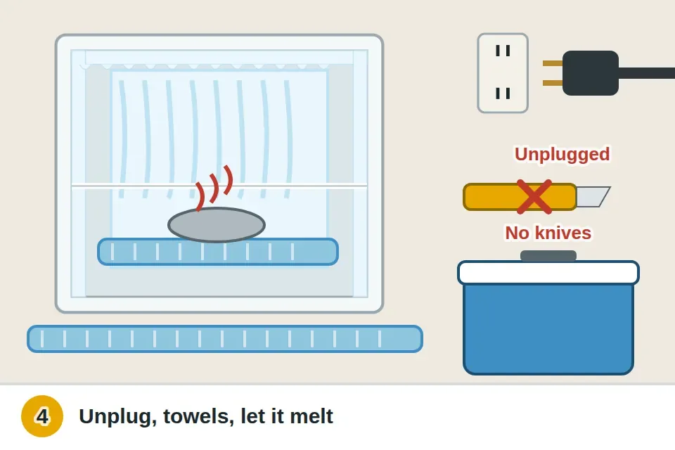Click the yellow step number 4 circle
point(42,416)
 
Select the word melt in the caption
point(311,416)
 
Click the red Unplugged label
point(562,154)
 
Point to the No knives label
point(548,233)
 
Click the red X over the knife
point(534,197)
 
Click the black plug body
point(590,73)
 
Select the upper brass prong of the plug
point(553,63)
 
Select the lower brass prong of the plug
point(553,83)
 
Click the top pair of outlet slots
point(502,51)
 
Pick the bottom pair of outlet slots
point(502,93)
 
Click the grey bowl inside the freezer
point(217,225)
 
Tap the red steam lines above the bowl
point(214,188)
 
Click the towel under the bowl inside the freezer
point(218,252)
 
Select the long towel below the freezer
point(225,339)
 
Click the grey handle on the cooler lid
point(548,256)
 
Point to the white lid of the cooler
point(548,273)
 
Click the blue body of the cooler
point(548,328)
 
